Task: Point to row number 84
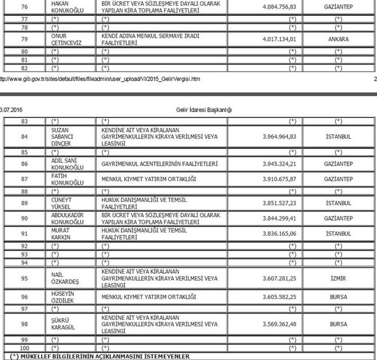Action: coord(24,137)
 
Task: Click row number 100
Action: coord(24,348)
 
